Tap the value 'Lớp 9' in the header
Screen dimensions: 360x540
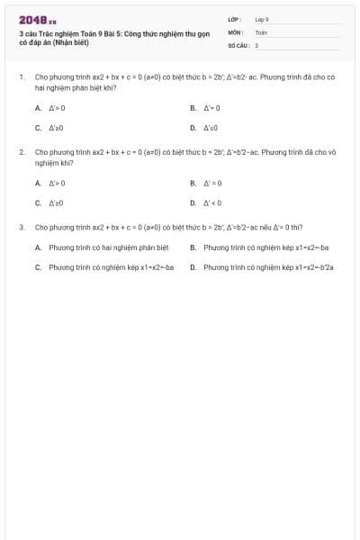tap(262, 19)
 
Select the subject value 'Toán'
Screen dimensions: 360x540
tap(261, 31)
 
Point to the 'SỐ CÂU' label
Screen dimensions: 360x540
tap(237, 44)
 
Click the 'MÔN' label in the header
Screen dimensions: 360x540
tap(235, 31)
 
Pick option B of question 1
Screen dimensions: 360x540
tap(207, 108)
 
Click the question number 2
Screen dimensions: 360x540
tap(22, 153)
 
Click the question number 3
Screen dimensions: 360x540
tap(22, 228)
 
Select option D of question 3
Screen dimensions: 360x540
tap(261, 267)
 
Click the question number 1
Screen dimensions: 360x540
tap(22, 77)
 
